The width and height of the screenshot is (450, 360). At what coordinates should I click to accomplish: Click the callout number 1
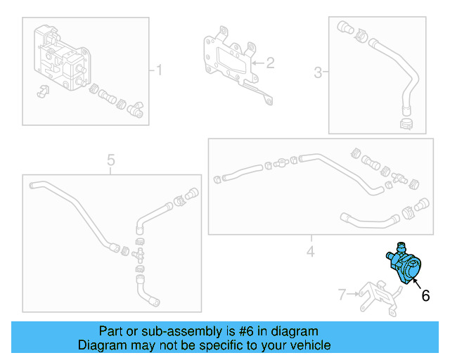(159, 70)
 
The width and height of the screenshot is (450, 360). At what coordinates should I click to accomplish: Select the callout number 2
(269, 63)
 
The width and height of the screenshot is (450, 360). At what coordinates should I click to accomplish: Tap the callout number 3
(318, 72)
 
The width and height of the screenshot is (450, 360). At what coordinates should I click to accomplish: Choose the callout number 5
(110, 161)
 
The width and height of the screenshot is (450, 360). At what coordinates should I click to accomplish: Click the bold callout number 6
(425, 296)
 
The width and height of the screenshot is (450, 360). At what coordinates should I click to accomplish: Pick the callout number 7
(342, 295)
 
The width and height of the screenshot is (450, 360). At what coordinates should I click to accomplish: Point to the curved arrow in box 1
(41, 91)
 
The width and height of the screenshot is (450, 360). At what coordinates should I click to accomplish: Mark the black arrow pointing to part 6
(415, 283)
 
